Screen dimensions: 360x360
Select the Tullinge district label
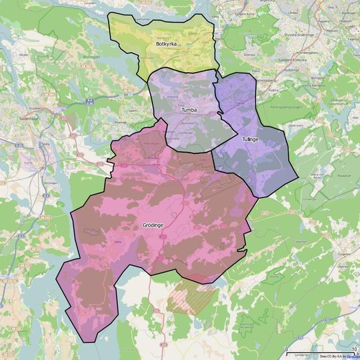[250, 139]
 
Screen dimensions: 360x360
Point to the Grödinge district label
[153, 225]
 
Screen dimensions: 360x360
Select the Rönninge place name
[120, 123]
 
